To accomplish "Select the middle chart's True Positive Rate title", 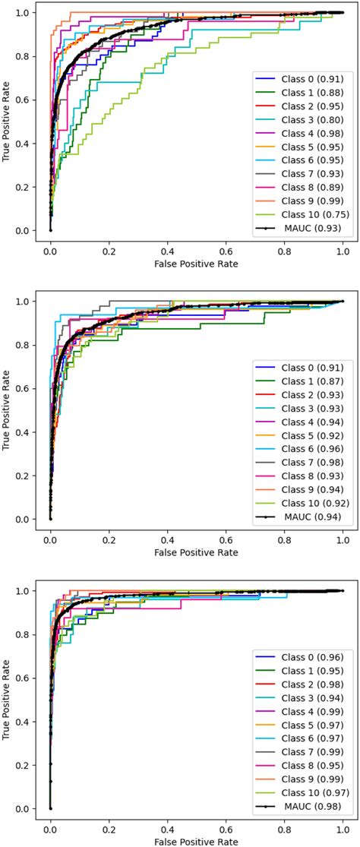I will coord(7,410).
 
